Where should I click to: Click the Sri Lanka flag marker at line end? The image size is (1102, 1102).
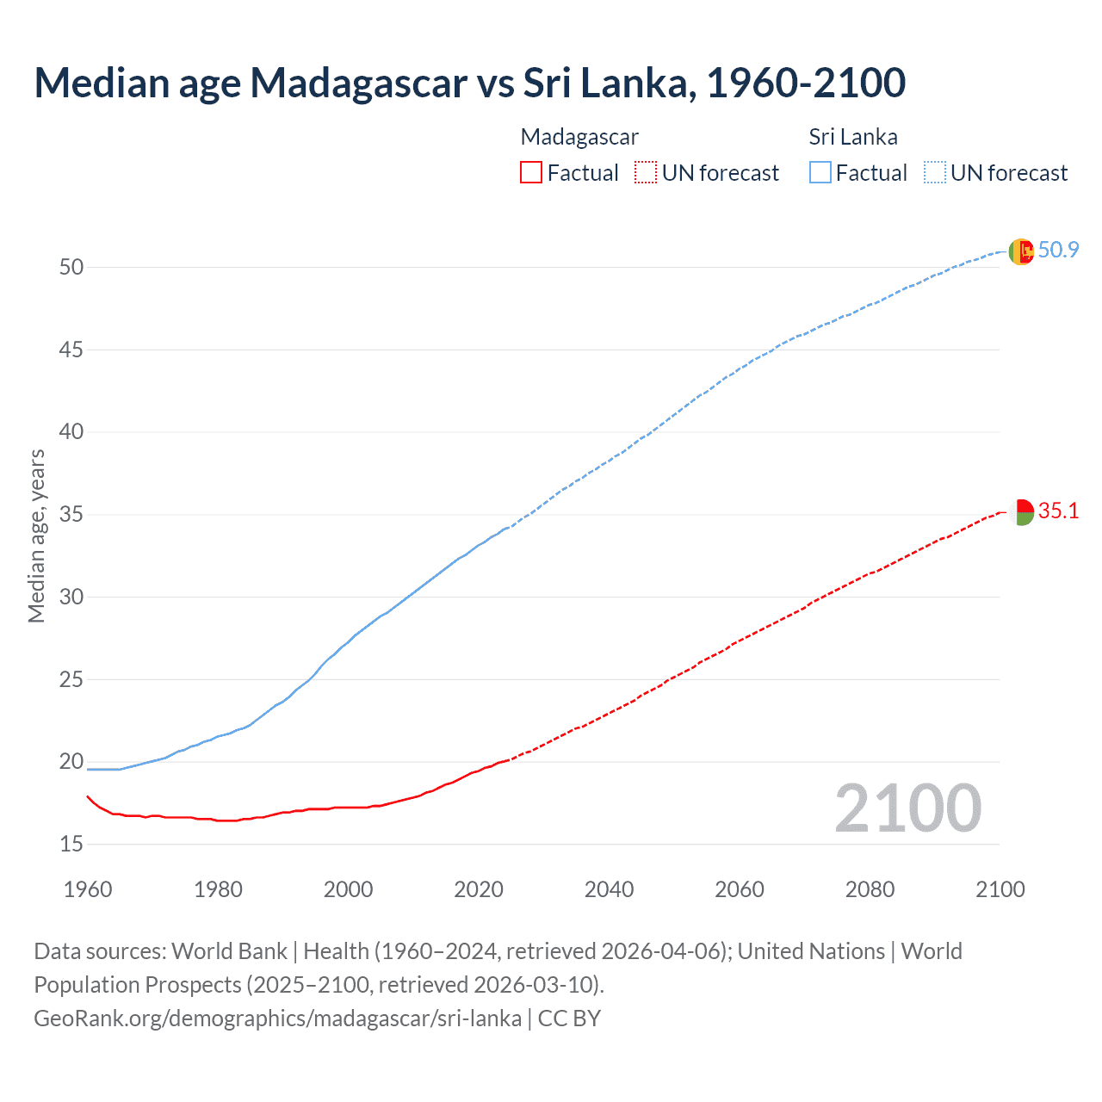click(x=1020, y=251)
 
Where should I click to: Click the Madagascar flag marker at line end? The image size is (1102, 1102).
click(x=1020, y=512)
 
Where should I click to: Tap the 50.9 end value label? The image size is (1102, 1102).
click(x=1058, y=250)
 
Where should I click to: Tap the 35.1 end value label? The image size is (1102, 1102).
click(x=1058, y=511)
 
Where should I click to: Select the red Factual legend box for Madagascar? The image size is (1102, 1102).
click(x=531, y=173)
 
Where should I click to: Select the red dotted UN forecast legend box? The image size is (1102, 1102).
click(x=646, y=173)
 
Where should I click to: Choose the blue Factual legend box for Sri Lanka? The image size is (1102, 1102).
click(x=820, y=173)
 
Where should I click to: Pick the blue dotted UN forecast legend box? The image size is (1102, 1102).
click(x=934, y=173)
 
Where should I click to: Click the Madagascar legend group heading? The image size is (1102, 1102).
click(x=579, y=137)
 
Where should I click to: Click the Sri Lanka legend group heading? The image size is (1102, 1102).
click(x=852, y=137)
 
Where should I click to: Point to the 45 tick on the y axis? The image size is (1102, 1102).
click(x=71, y=350)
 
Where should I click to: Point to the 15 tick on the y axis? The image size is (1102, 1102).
click(x=71, y=845)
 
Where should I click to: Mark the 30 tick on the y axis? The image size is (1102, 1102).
click(x=71, y=597)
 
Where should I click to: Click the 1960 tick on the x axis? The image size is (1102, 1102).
click(x=88, y=889)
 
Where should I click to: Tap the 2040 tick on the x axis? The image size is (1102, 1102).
click(x=609, y=889)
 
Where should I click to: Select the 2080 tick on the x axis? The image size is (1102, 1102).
click(x=870, y=889)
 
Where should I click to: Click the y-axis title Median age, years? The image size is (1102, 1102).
click(x=36, y=536)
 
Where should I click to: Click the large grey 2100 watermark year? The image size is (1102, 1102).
click(x=907, y=808)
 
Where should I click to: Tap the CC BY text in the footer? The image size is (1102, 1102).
click(x=569, y=1018)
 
